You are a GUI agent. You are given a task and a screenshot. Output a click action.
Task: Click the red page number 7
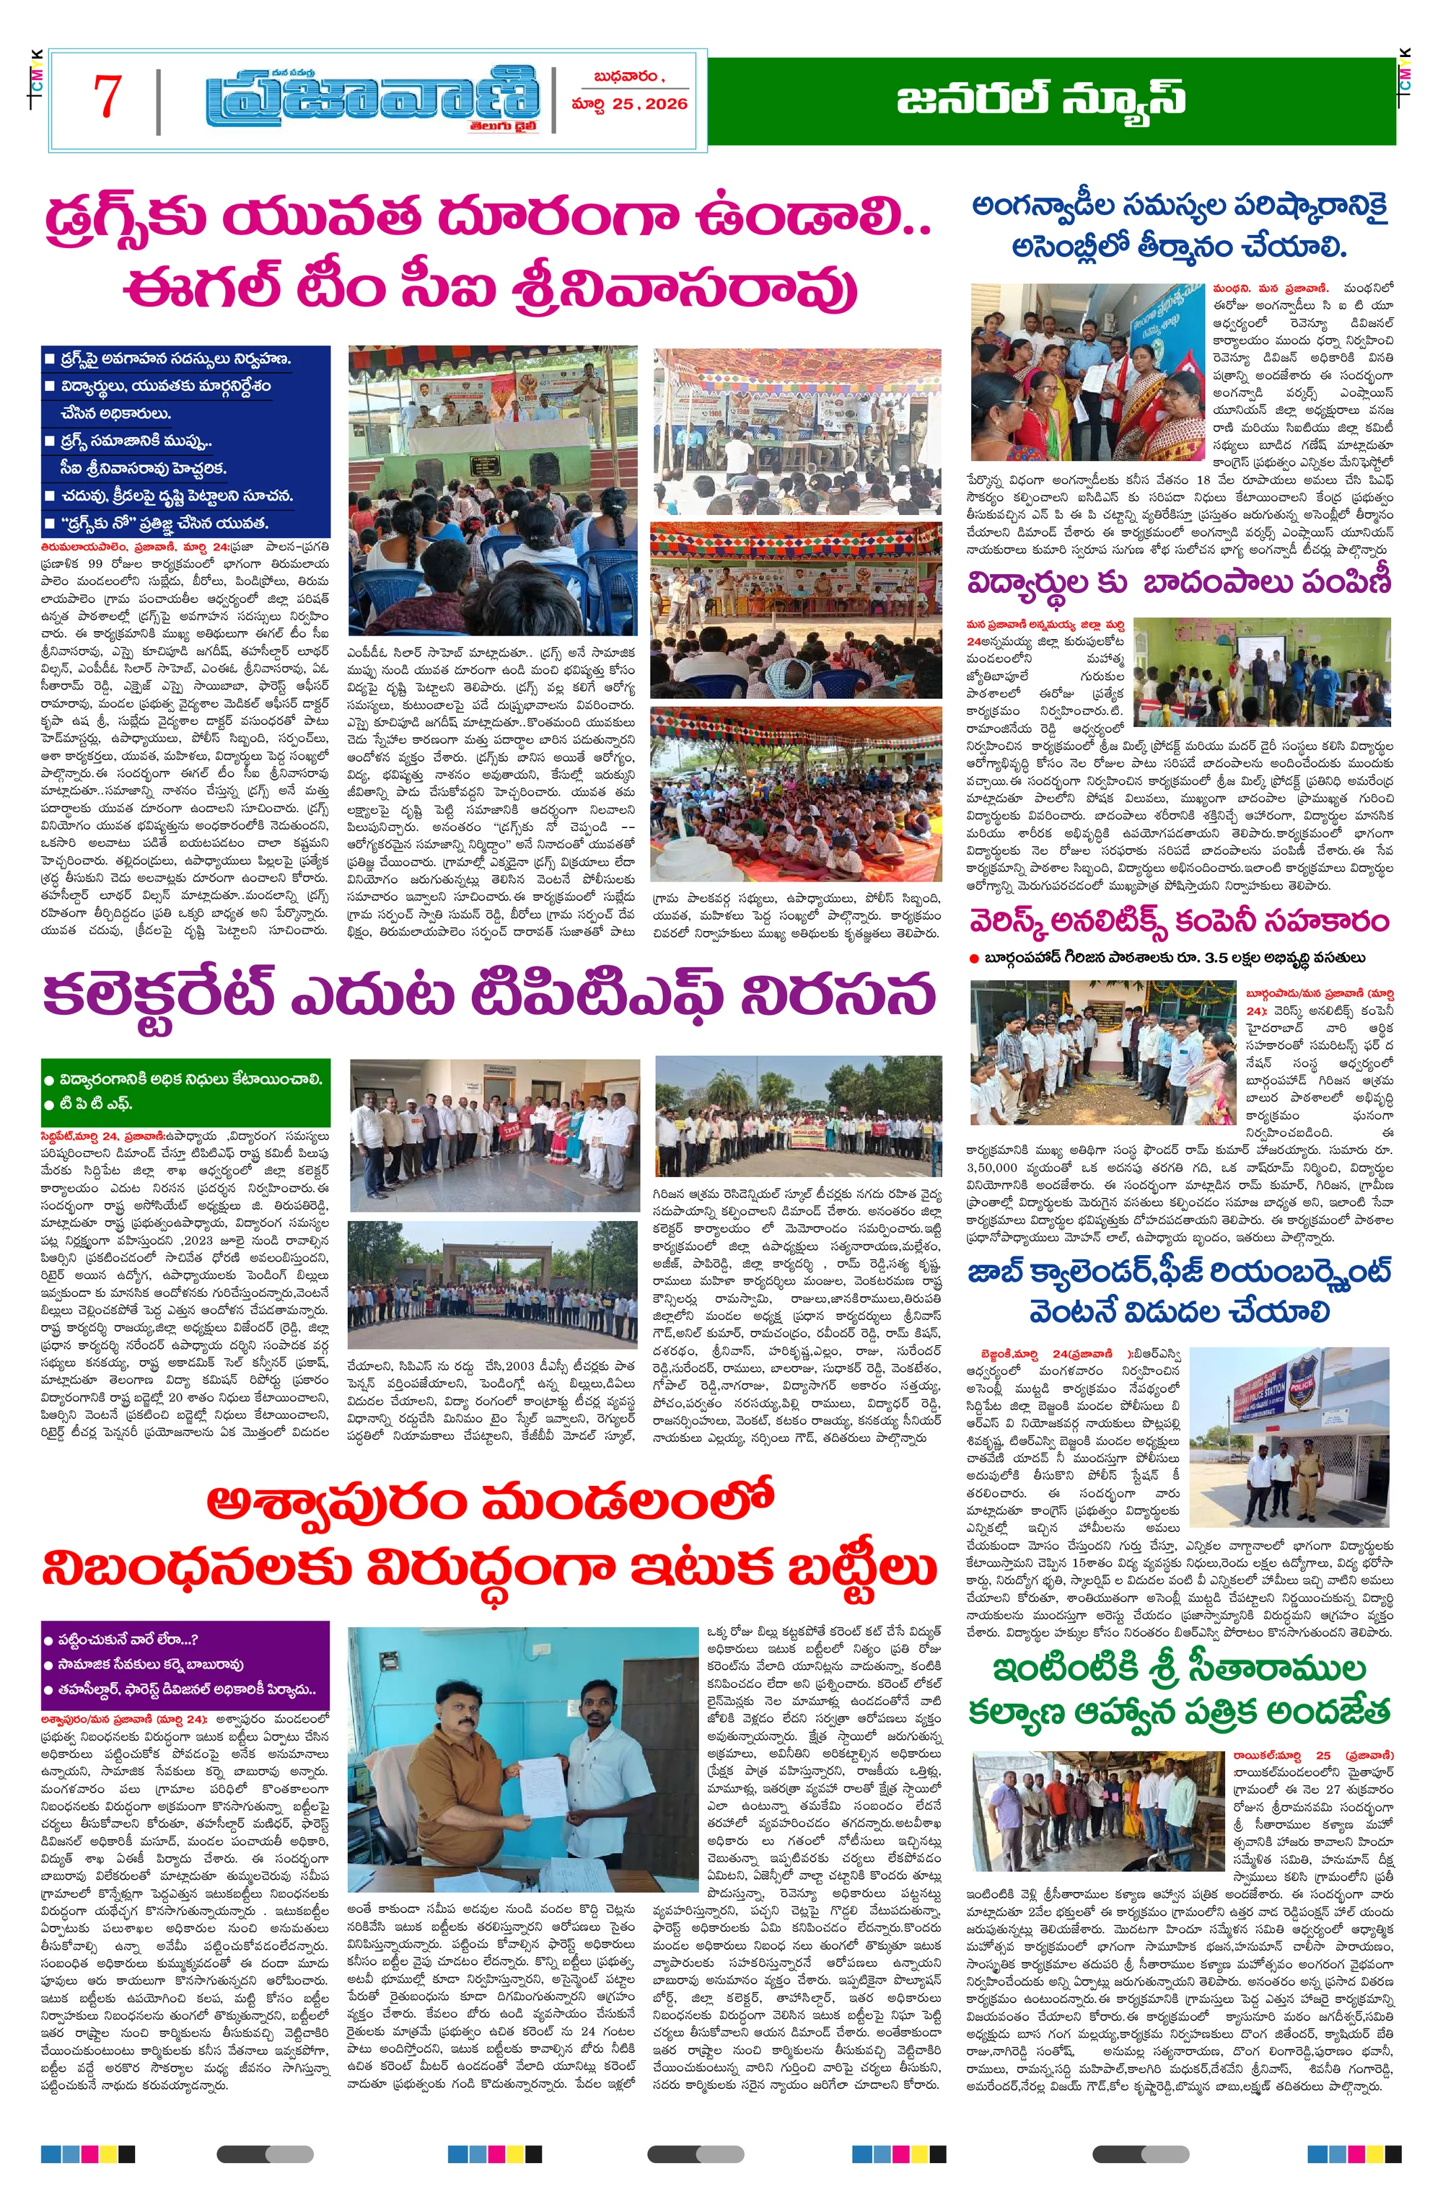pyautogui.click(x=108, y=97)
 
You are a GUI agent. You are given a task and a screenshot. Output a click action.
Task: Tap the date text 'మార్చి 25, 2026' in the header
pyautogui.click(x=630, y=104)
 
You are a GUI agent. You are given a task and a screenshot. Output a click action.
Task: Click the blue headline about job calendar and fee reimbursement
pyautogui.click(x=1179, y=1290)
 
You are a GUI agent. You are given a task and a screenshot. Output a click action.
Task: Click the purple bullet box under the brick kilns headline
pyautogui.click(x=185, y=1665)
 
